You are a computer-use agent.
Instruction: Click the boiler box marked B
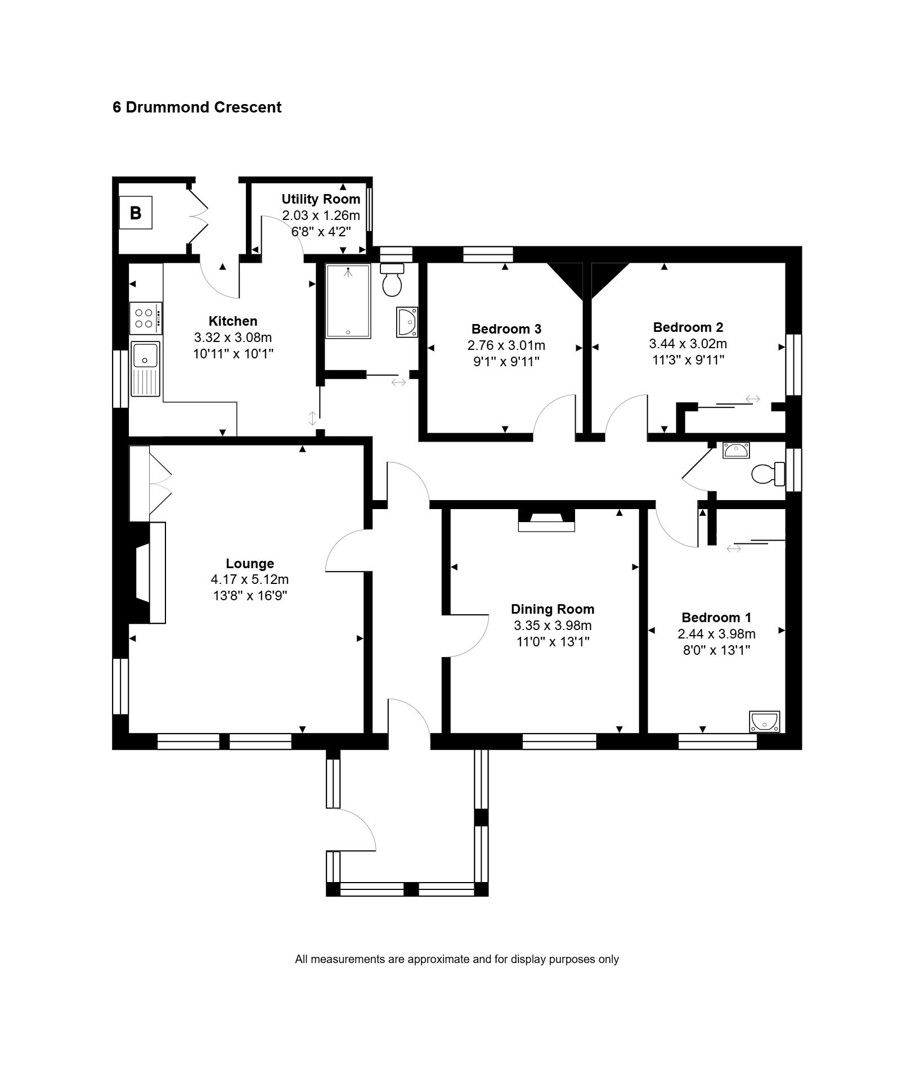(136, 213)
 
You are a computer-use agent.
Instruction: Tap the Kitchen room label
(233, 321)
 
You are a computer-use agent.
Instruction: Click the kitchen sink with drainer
(146, 368)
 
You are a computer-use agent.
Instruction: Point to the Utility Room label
(321, 199)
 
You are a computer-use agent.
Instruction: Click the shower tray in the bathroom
(348, 301)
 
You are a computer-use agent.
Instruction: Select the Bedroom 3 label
(506, 329)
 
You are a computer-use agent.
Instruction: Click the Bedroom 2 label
(688, 327)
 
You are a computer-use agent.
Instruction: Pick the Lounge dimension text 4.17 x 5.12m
(250, 579)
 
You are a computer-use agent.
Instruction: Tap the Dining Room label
(553, 609)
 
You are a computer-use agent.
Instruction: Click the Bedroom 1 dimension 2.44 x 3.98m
(716, 634)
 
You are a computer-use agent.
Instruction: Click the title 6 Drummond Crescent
(197, 107)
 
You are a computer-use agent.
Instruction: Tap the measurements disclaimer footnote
(457, 959)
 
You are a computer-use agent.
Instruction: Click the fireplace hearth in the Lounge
(158, 573)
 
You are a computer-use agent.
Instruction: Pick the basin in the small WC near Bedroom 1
(736, 450)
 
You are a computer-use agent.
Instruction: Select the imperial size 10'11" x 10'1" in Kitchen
(233, 354)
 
